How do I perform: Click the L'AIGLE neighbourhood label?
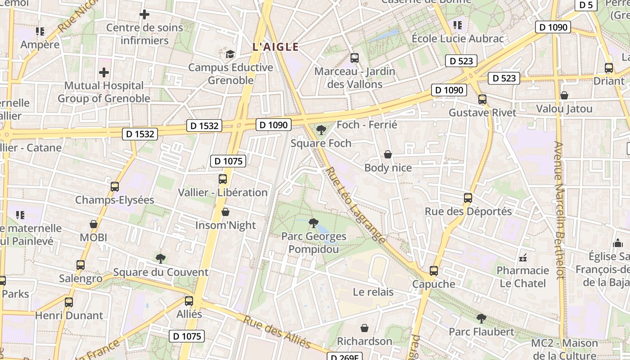276,47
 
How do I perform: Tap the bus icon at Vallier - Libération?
223,179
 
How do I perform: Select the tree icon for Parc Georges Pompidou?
314,223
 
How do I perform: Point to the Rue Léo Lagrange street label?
355,205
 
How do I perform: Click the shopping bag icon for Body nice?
388,154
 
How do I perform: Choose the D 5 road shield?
586,5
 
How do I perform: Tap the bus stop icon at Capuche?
434,271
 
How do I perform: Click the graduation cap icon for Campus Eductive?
230,54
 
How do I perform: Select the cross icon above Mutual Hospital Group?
104,72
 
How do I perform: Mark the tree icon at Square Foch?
321,130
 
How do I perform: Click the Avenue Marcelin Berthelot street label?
559,211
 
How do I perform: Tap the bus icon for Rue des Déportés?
468,198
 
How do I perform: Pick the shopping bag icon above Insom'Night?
225,212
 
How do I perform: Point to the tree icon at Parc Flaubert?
481,319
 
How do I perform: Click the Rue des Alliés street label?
277,332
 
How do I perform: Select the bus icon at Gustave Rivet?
482,99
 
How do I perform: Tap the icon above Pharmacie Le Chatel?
523,257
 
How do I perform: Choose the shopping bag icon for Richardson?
364,328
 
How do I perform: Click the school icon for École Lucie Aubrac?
458,25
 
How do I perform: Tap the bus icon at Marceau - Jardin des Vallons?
355,58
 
